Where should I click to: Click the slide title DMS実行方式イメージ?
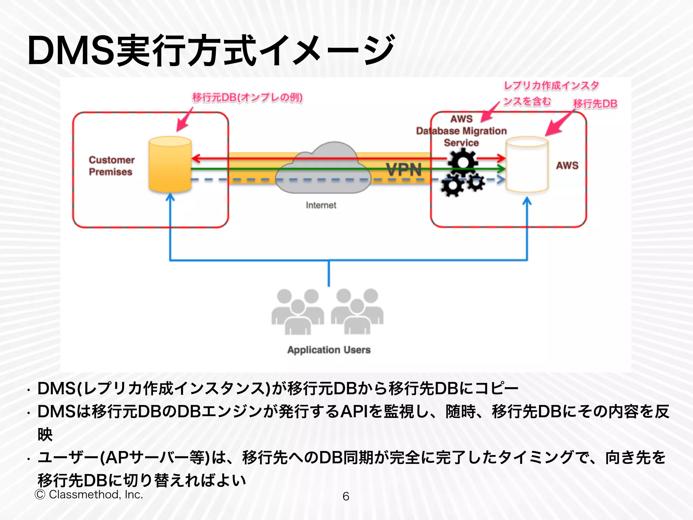click(210, 51)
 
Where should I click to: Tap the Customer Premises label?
click(111, 166)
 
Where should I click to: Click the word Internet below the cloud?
click(321, 205)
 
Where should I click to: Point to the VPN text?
click(404, 169)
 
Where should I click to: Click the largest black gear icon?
click(463, 162)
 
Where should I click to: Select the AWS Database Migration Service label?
click(461, 131)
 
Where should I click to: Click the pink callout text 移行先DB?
click(595, 104)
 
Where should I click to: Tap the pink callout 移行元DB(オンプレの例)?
click(247, 97)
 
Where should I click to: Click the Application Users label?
click(329, 350)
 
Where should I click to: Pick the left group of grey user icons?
click(298, 311)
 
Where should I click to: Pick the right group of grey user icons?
click(357, 311)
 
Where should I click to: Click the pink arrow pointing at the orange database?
click(184, 120)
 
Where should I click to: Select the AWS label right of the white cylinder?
click(567, 166)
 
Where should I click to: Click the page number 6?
click(345, 496)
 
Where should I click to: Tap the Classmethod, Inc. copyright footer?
click(89, 495)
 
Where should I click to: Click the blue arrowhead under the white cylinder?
click(527, 201)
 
